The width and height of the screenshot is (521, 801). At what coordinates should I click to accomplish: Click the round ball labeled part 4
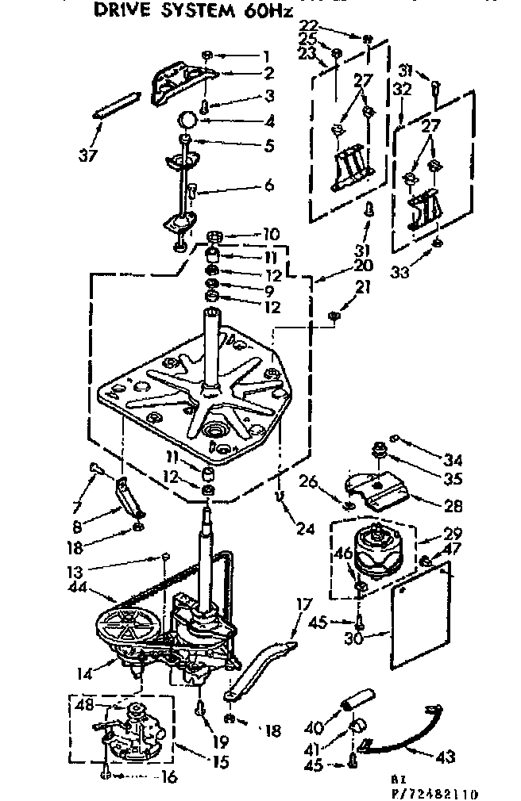(x=187, y=120)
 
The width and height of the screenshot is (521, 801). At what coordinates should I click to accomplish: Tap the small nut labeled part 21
(x=334, y=319)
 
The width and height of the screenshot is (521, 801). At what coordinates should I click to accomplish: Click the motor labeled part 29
(x=382, y=550)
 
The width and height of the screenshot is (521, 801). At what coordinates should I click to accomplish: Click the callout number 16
(x=168, y=777)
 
